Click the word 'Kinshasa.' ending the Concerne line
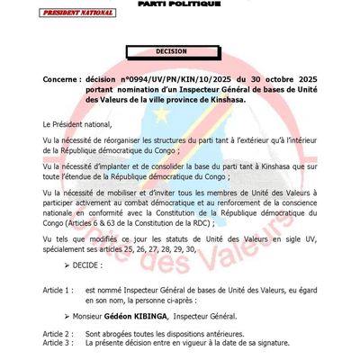point(249,100)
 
